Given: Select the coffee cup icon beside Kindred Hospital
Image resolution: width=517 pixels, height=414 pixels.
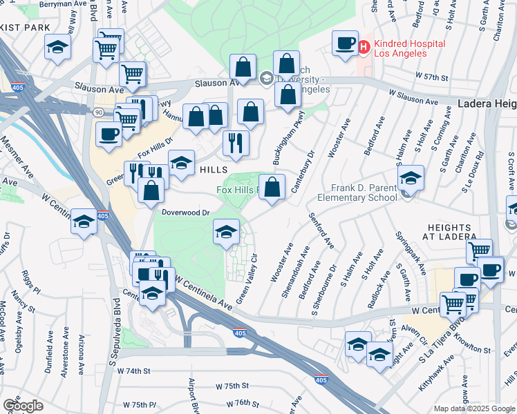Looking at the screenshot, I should coord(344,43).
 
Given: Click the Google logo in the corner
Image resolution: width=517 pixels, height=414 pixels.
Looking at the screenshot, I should coord(23,405).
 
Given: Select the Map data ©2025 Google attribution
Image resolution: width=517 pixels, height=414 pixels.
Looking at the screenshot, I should coord(473,408).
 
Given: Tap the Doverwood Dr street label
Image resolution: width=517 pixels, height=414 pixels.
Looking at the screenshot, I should coord(186,213).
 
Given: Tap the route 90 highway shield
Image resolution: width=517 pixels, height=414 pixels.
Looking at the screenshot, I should coord(100,111).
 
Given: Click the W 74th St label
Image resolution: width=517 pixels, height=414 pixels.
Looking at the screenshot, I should coord(133,371).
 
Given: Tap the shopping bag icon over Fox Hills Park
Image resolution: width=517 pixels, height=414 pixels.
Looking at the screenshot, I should coord(273,187).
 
